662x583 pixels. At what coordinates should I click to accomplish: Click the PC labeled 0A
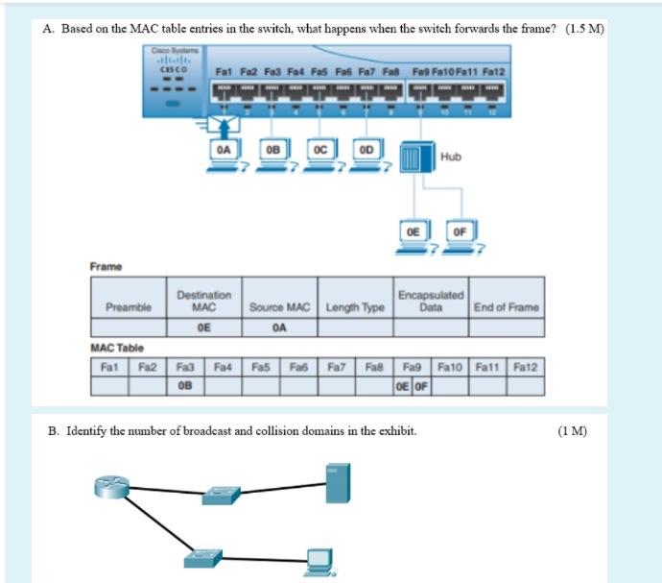pyautogui.click(x=223, y=157)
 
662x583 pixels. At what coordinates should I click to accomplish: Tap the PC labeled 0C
pyautogui.click(x=320, y=157)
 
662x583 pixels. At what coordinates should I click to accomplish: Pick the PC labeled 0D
pyautogui.click(x=366, y=157)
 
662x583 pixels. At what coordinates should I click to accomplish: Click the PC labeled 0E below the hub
pyautogui.click(x=414, y=238)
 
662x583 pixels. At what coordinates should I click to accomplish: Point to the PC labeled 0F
pyautogui.click(x=461, y=238)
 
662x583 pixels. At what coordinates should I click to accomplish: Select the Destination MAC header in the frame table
pyautogui.click(x=202, y=301)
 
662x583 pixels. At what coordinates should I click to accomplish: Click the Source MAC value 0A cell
pyautogui.click(x=279, y=327)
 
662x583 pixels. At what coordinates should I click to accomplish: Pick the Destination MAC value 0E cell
pyautogui.click(x=202, y=327)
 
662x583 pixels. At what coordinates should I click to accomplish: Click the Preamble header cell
pyautogui.click(x=129, y=306)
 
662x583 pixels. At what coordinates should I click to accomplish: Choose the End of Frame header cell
pyautogui.click(x=507, y=306)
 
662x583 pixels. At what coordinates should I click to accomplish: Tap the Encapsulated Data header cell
pyautogui.click(x=431, y=301)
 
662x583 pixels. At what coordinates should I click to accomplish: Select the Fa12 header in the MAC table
pyautogui.click(x=527, y=366)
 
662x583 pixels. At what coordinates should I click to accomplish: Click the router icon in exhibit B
pyautogui.click(x=111, y=488)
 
